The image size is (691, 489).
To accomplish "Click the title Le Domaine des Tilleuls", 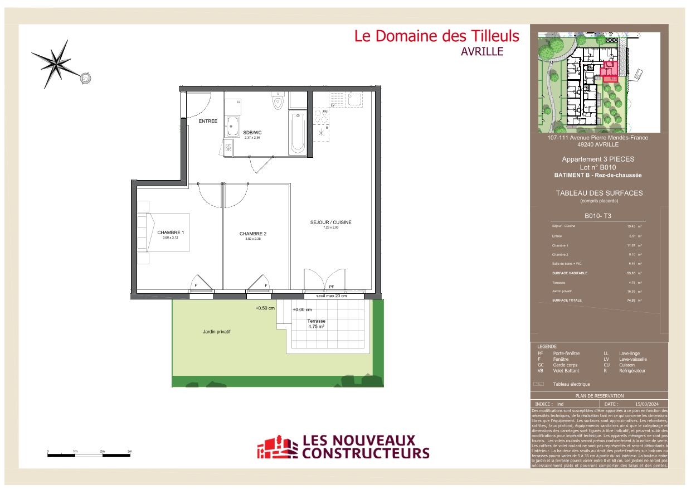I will click(436, 36).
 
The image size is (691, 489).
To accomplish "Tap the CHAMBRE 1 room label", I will click(171, 233).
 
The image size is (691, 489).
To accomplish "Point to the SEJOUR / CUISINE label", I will click(331, 222).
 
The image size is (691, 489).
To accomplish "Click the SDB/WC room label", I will click(252, 133).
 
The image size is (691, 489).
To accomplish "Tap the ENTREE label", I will click(208, 121).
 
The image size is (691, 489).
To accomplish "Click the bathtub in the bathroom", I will click(298, 133).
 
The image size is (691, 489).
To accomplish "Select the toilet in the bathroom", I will click(278, 103).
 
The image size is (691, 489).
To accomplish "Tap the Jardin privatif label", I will click(216, 332).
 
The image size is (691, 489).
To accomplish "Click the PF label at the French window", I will click(331, 287).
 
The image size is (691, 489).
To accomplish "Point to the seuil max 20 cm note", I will click(331, 296).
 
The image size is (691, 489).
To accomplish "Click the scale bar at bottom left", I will click(89, 456).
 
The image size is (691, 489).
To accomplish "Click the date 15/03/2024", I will click(646, 404).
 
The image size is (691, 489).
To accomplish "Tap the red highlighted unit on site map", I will click(609, 72).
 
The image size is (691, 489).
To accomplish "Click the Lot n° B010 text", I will click(597, 167).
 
